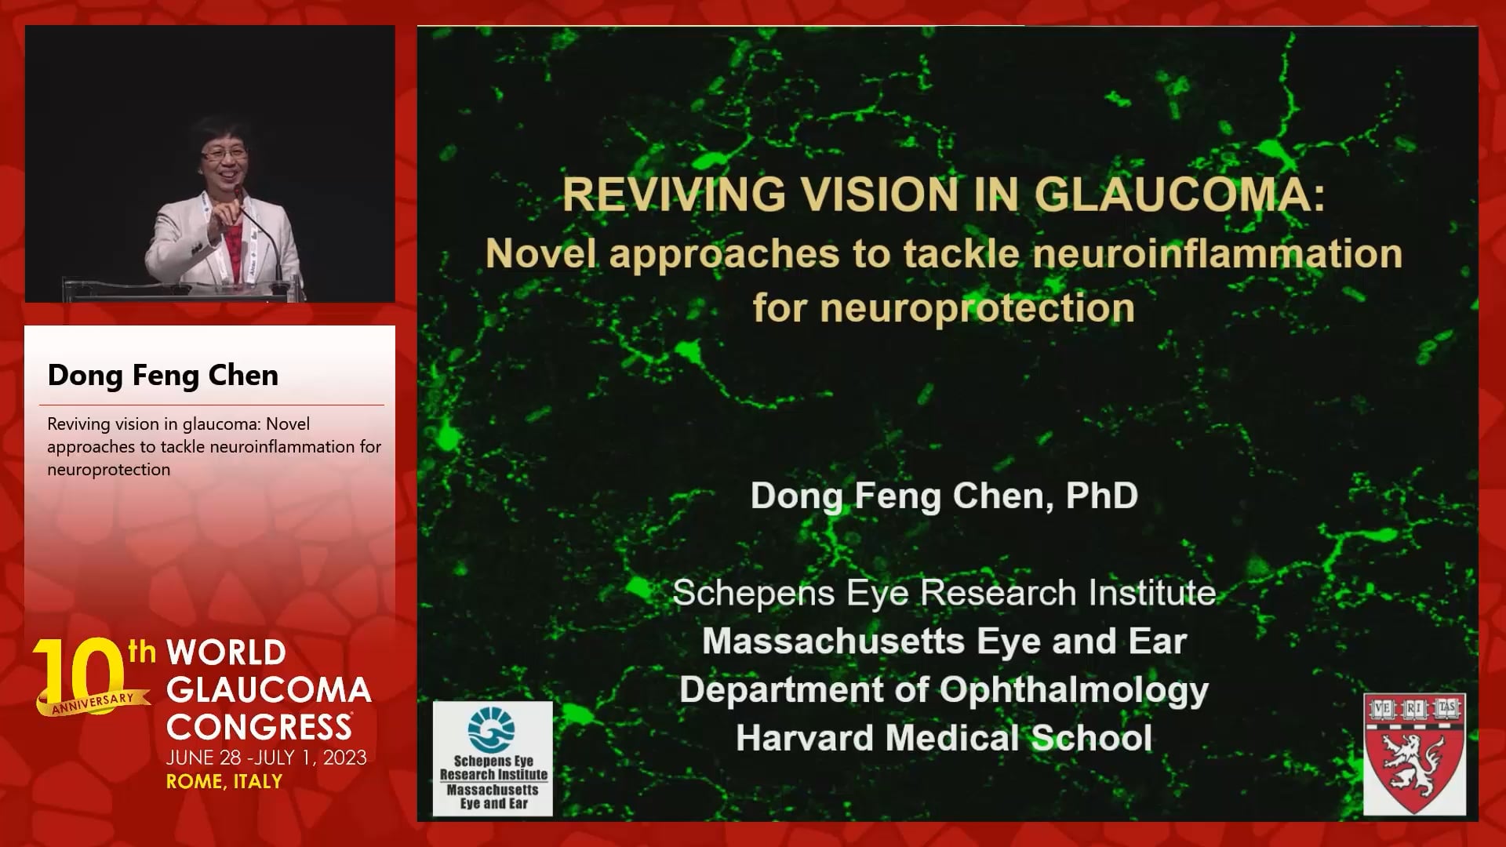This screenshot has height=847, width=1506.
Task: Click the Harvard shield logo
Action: (x=1414, y=754)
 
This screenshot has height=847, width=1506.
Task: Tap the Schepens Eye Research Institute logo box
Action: (x=493, y=758)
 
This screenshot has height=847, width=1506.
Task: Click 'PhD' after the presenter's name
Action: (x=1101, y=496)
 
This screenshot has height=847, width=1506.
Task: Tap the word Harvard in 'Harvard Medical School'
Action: (x=804, y=738)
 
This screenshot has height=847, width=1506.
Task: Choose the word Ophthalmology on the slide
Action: (x=1074, y=690)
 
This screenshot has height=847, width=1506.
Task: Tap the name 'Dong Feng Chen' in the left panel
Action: (x=163, y=376)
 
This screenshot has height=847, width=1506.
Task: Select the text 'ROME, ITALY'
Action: (x=224, y=782)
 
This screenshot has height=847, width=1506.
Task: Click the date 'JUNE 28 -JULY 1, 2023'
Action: (x=267, y=758)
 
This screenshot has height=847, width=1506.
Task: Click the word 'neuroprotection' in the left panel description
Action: (x=109, y=470)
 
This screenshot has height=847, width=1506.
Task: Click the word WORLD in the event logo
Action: (x=227, y=653)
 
